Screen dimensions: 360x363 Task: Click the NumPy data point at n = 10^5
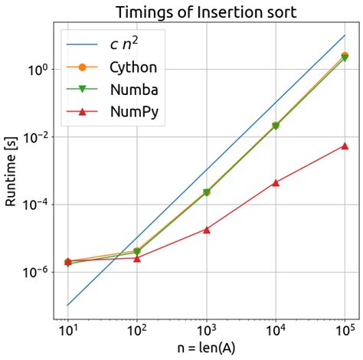coord(345,146)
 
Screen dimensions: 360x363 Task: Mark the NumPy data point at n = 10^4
coord(276,182)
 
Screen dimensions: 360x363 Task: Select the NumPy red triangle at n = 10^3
coord(206,229)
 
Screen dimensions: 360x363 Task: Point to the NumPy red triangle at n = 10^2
coord(137,258)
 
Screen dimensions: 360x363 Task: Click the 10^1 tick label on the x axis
coord(67,332)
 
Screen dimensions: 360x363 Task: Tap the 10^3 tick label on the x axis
coord(206,332)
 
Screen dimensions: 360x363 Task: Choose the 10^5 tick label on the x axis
coord(345,332)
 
